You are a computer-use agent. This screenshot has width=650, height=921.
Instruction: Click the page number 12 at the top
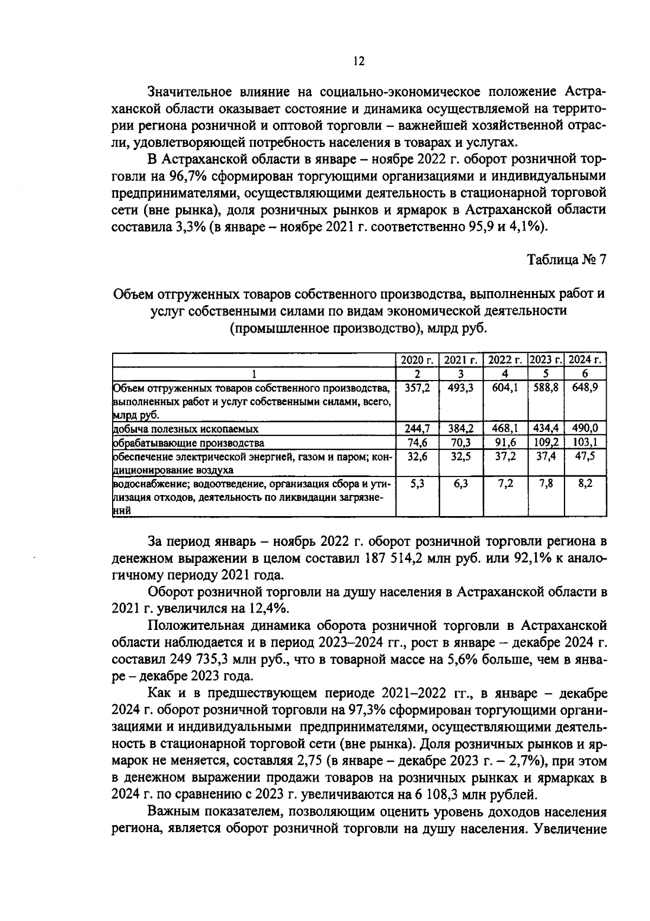click(359, 61)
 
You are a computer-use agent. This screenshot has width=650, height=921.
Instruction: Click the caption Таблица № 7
click(567, 260)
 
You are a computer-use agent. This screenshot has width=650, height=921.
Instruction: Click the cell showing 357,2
click(417, 388)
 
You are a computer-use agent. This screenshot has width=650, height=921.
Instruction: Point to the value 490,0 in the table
click(585, 429)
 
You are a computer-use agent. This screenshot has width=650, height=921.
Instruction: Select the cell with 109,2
click(546, 442)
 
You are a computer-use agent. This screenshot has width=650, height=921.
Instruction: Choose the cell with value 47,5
click(585, 456)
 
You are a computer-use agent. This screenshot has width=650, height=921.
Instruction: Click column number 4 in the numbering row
click(505, 374)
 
